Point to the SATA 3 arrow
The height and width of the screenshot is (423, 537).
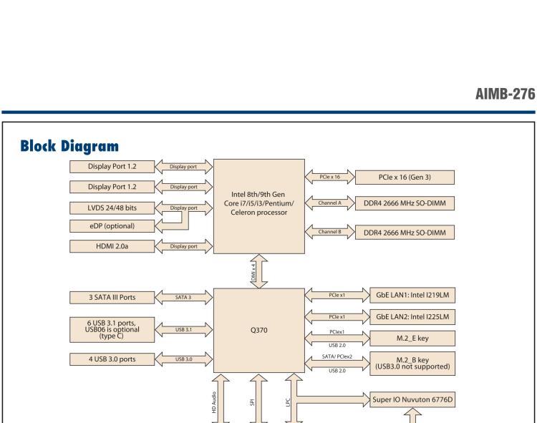[x=183, y=296]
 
